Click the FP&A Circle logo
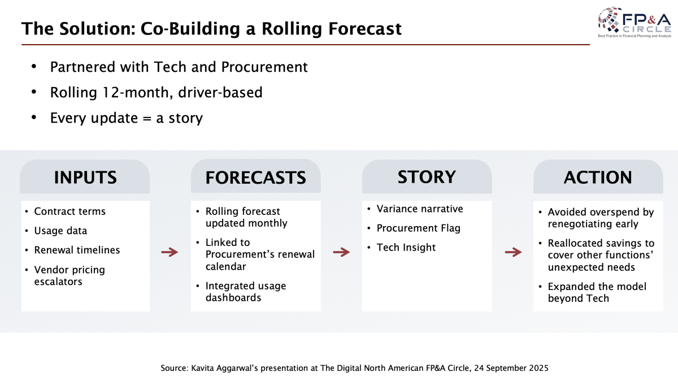pyautogui.click(x=634, y=23)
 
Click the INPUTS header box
pyautogui.click(x=85, y=176)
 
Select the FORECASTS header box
pyautogui.click(x=256, y=176)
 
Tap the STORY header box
pyautogui.click(x=427, y=176)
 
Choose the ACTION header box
pyautogui.click(x=598, y=176)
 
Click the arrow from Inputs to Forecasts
pyautogui.click(x=170, y=252)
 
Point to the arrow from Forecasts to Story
pyautogui.click(x=341, y=252)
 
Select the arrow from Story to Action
pyautogui.click(x=514, y=252)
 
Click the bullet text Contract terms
pyautogui.click(x=69, y=211)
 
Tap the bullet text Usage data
pyautogui.click(x=60, y=231)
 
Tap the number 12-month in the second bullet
pyautogui.click(x=137, y=92)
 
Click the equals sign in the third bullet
pyautogui.click(x=147, y=118)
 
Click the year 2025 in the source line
pyautogui.click(x=538, y=368)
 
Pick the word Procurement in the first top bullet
pyautogui.click(x=264, y=67)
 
